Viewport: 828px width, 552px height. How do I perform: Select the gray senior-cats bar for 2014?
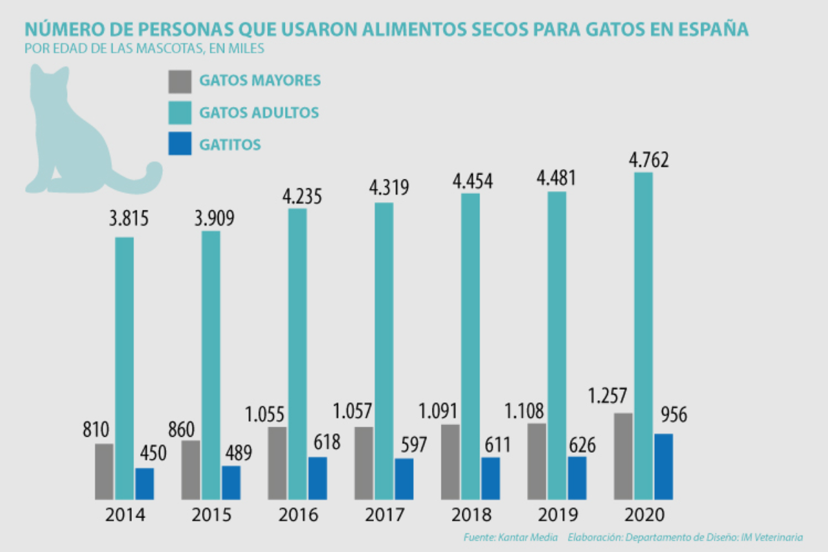pos(104,471)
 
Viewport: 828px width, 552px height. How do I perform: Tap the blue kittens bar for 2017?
pos(404,479)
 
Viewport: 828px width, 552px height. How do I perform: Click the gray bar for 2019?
pos(536,461)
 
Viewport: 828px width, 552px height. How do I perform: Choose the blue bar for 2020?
pos(663,466)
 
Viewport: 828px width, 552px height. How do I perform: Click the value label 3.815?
pos(128,221)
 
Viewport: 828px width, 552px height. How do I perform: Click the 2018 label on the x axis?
pos(472,515)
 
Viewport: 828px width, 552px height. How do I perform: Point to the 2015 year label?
pos(212,515)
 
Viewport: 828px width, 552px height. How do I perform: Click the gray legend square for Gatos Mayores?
pos(179,81)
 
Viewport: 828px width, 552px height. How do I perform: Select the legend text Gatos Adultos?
pos(259,112)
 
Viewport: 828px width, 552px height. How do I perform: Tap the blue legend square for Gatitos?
pos(179,144)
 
